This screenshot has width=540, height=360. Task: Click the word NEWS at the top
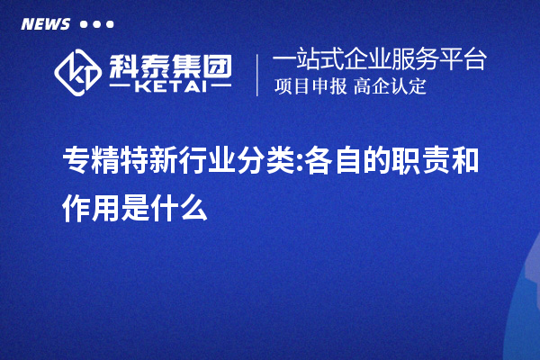[x=44, y=23]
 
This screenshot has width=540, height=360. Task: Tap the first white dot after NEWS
[x=84, y=24]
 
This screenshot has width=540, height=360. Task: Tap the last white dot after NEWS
[x=110, y=24]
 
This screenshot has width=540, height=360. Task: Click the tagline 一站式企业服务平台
[x=380, y=60]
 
